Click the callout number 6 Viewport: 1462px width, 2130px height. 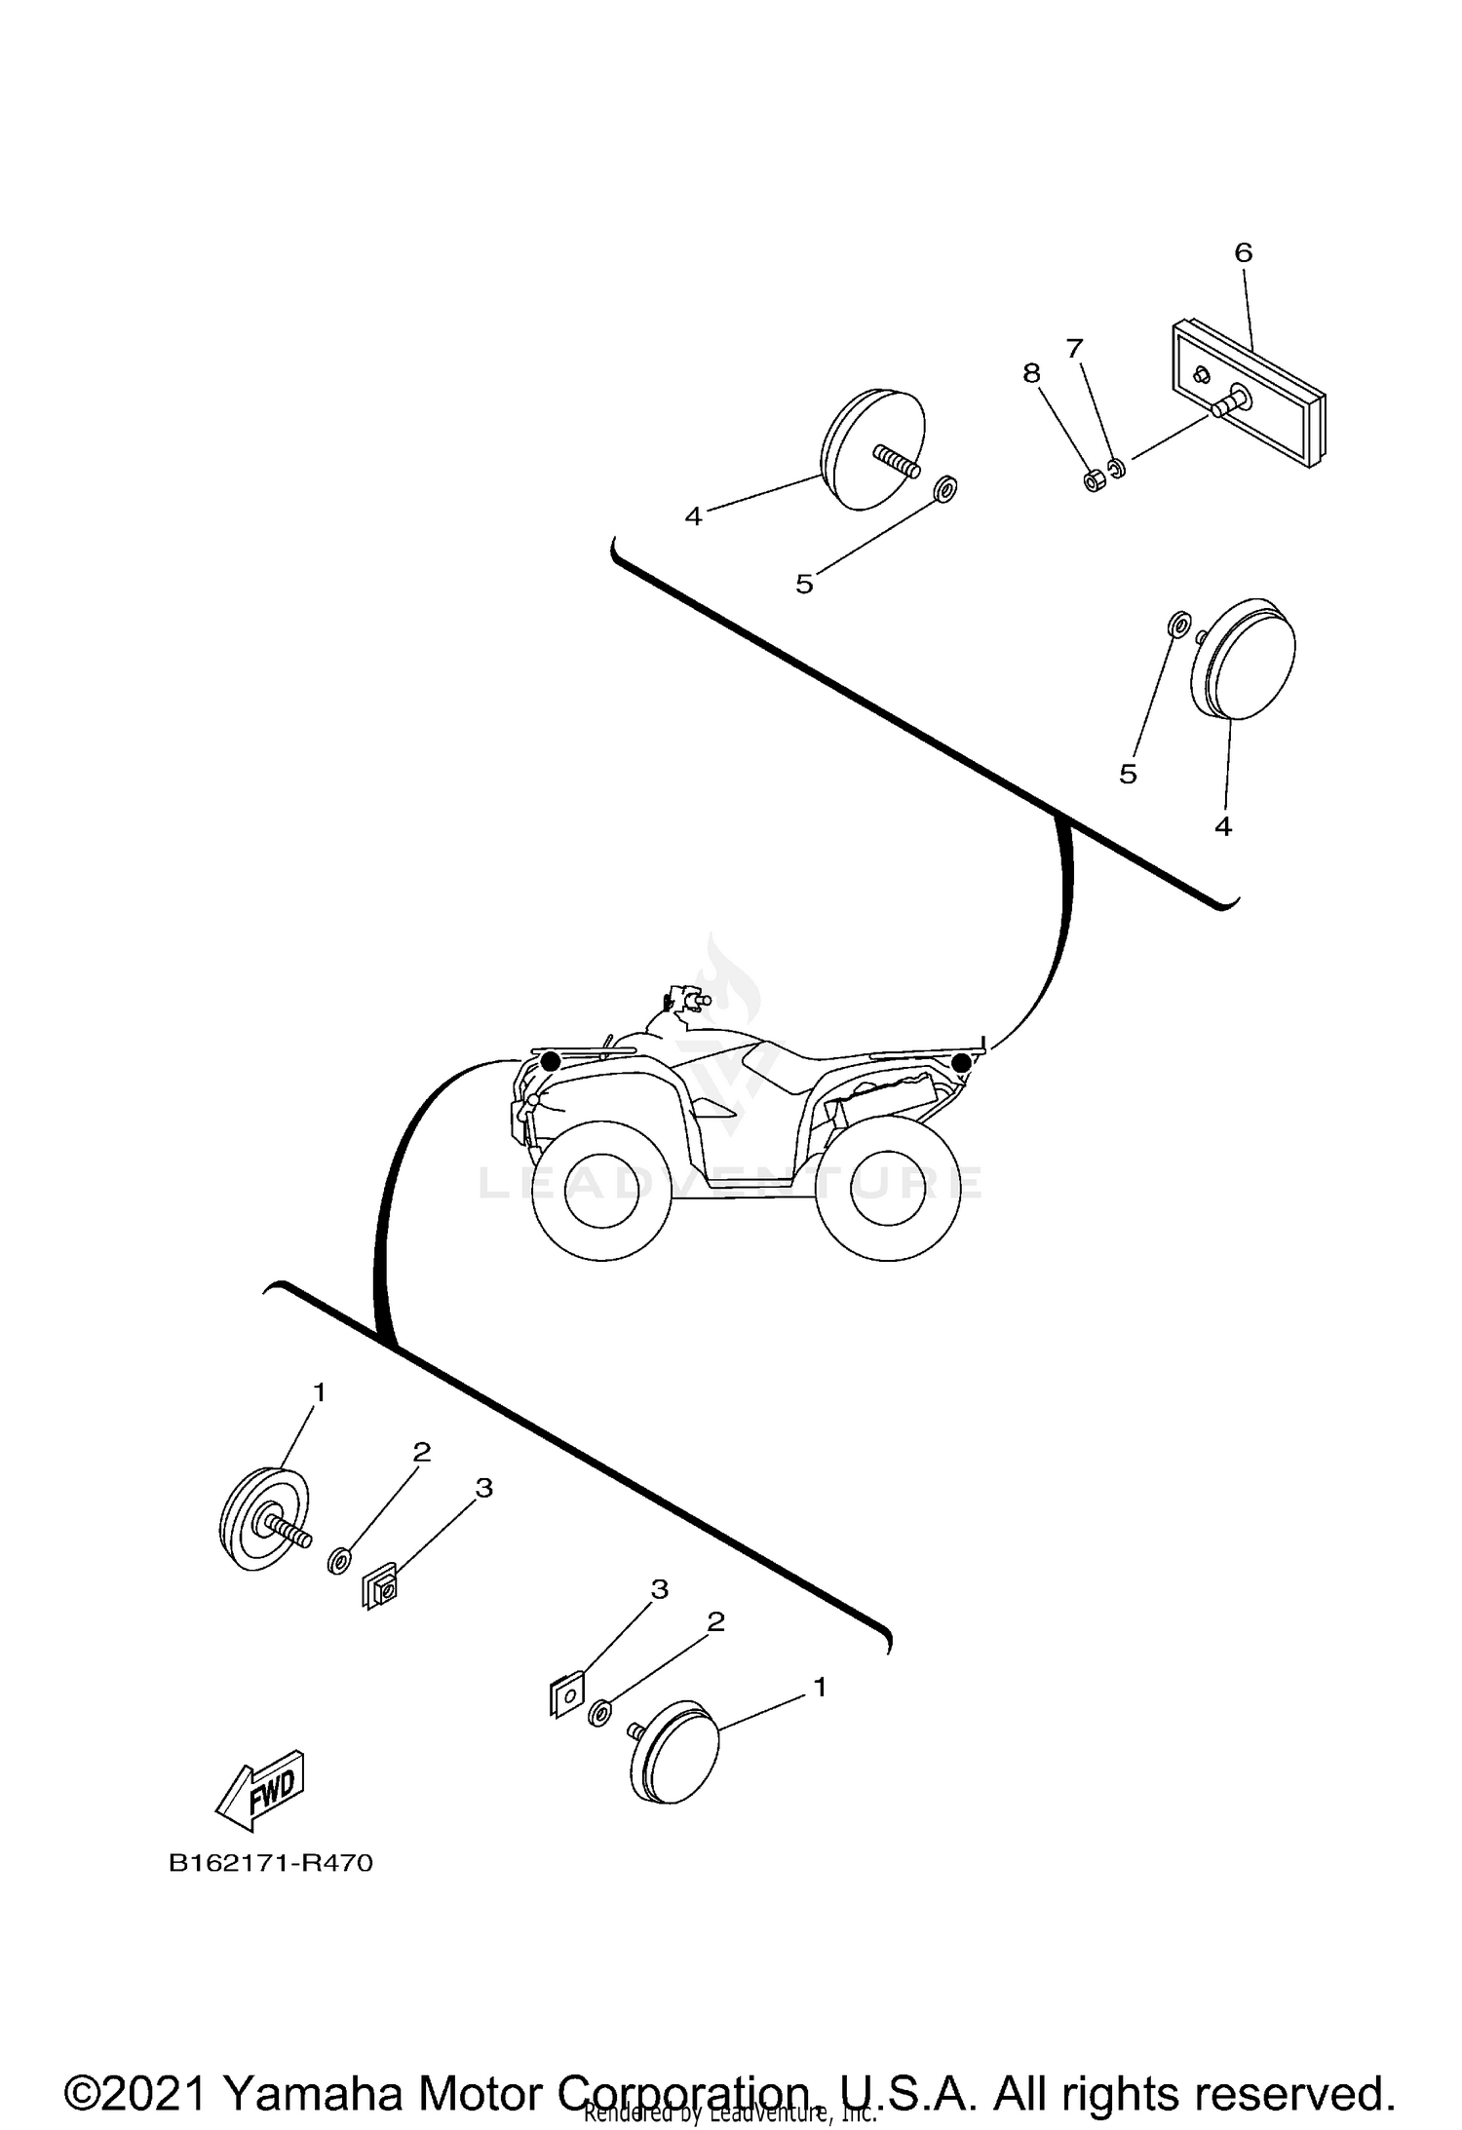click(1243, 252)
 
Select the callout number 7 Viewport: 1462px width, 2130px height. click(1074, 348)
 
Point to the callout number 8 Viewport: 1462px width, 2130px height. click(1031, 373)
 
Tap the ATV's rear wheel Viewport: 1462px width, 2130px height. click(888, 1188)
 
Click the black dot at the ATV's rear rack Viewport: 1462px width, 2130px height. click(961, 1062)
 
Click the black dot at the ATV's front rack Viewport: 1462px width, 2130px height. click(551, 1061)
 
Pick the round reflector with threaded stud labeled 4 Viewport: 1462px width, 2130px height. click(872, 448)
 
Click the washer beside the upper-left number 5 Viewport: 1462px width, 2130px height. click(943, 487)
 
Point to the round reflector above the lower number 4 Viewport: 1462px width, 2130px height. click(1244, 659)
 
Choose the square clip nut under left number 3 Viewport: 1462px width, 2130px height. click(379, 1590)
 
